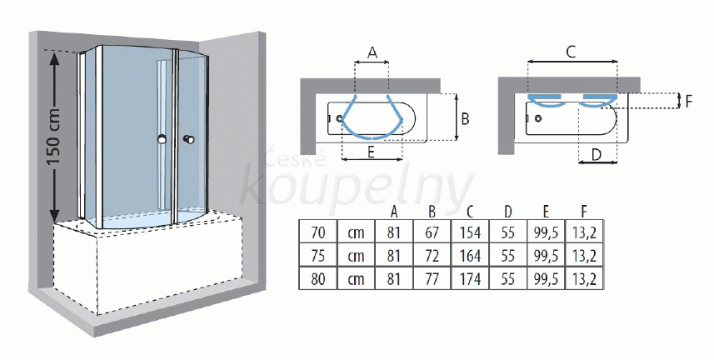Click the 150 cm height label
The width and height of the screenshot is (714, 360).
point(54,137)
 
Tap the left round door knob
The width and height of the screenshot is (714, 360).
point(161,140)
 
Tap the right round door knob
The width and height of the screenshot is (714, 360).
point(188,139)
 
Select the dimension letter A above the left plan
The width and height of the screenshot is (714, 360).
point(372,53)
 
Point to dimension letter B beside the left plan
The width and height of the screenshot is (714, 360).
point(465,119)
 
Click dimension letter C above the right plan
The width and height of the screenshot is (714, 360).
point(571,52)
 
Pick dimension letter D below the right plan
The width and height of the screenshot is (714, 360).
point(596,155)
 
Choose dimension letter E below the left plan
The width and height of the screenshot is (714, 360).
point(371,152)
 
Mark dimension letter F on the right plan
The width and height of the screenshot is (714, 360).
point(688,101)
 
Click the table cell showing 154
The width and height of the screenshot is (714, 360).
point(470,232)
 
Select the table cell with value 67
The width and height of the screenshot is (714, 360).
point(432,232)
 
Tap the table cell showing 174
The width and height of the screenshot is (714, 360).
point(470,278)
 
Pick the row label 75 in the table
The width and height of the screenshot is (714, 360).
point(317,256)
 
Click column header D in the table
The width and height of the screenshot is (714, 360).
point(508,212)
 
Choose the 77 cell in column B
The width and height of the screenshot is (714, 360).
point(432,278)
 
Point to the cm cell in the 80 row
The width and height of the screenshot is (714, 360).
point(356,278)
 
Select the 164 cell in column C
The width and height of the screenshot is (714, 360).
point(470,256)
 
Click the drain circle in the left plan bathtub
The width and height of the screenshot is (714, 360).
point(339,118)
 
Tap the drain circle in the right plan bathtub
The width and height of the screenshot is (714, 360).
point(538,119)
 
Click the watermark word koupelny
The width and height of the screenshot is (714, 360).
point(356,187)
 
